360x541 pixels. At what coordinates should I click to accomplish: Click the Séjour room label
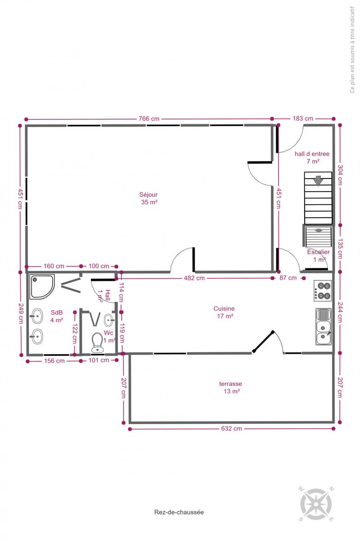(149, 198)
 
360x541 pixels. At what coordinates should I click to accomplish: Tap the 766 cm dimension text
(149, 119)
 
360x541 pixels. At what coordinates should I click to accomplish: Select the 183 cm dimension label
(303, 118)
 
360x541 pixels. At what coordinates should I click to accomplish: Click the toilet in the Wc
(97, 343)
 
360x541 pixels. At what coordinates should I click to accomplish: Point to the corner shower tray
(42, 287)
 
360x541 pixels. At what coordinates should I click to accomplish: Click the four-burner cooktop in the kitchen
(323, 290)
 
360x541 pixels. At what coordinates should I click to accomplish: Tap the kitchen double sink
(324, 326)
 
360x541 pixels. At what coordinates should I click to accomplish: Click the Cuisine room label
(224, 312)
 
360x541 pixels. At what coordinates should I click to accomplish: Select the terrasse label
(231, 387)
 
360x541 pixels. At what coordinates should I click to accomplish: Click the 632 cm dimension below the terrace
(231, 428)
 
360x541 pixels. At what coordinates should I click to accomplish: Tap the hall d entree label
(312, 157)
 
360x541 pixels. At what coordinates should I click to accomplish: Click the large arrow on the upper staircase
(318, 181)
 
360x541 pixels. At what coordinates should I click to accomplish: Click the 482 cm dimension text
(194, 278)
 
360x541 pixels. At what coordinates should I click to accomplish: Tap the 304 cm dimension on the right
(340, 175)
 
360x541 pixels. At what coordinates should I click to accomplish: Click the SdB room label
(57, 316)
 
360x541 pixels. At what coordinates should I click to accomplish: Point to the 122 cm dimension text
(75, 334)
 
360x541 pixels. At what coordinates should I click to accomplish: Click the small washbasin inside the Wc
(109, 320)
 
